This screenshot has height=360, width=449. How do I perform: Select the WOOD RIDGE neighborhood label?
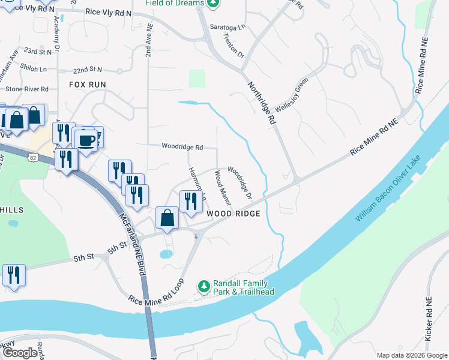coord(234,214)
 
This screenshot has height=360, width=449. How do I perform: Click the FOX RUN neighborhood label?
coord(87,85)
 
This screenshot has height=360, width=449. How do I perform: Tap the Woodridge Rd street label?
coord(182,146)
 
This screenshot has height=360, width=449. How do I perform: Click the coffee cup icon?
coord(86,140)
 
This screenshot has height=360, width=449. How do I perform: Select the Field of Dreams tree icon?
coord(212,3)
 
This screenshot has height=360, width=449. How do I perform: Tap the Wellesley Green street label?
coord(292,95)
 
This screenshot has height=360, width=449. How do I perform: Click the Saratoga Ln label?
coord(228,28)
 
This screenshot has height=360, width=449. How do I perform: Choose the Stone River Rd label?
coord(27,89)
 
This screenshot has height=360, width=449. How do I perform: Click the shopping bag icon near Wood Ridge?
coord(167,218)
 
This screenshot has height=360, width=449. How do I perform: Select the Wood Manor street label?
coord(223,188)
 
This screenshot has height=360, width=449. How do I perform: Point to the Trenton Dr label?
coord(233,46)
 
